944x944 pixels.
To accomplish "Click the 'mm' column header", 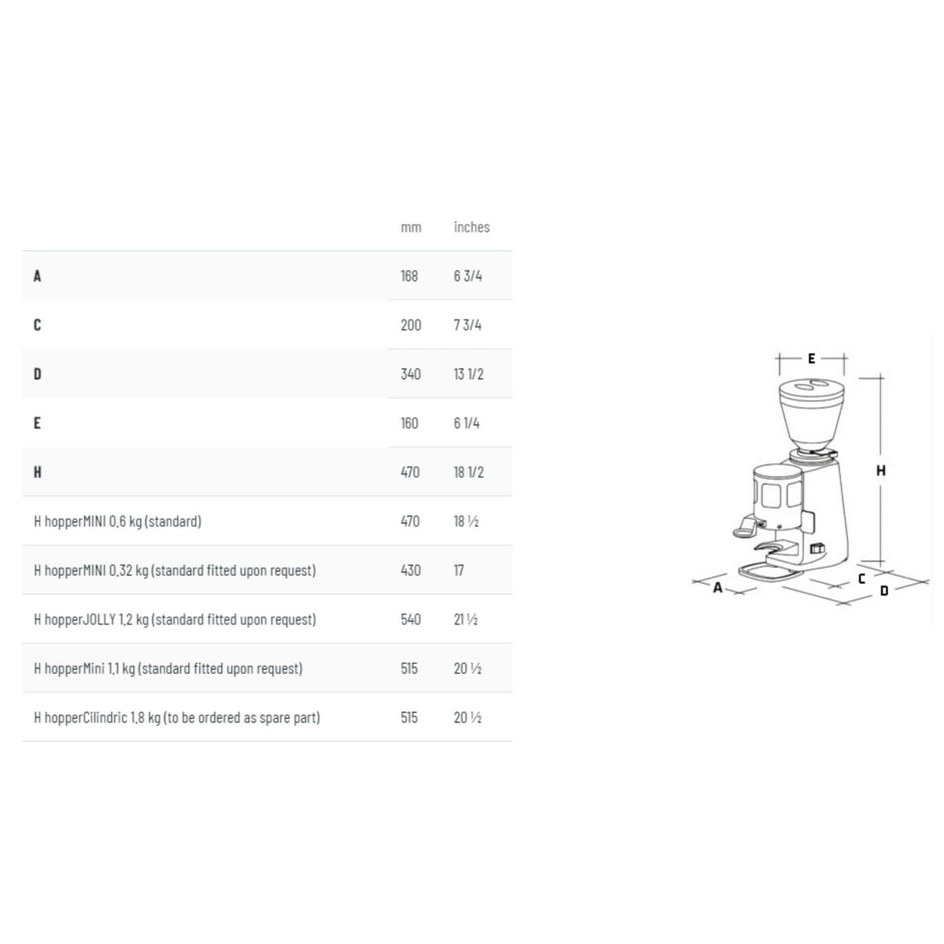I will (411, 227).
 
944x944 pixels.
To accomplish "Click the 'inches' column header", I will (471, 227).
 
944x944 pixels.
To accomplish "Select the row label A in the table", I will (37, 276).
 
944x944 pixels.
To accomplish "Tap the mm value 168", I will (409, 276).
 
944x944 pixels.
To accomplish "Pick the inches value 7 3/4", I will (467, 325).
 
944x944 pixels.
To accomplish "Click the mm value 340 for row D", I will (411, 374).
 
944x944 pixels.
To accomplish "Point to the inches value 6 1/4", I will (466, 423).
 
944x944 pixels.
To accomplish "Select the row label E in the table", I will (37, 423).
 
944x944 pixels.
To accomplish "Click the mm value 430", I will (411, 570).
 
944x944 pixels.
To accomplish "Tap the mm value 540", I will (411, 619).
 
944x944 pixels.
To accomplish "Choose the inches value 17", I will (459, 570).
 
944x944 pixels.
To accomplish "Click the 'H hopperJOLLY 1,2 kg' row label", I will (175, 619).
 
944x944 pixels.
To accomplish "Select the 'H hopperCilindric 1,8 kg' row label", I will (177, 717).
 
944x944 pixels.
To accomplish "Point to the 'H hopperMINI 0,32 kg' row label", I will (175, 570).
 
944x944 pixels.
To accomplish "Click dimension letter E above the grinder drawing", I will (812, 359).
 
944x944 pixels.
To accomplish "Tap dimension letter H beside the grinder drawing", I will (881, 470).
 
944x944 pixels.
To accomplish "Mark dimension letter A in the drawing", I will (717, 587).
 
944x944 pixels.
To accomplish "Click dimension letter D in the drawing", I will (884, 590).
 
